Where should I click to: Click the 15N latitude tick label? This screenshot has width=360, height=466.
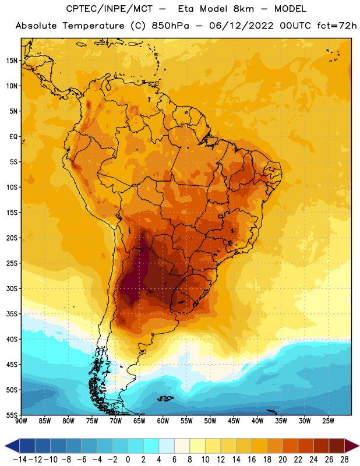click(12, 61)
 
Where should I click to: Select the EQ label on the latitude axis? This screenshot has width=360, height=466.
click(13, 137)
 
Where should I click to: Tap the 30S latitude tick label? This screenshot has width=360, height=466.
click(12, 288)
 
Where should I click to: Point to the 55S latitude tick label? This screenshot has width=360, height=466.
click(12, 415)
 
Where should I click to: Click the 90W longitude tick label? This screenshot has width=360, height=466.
click(21, 421)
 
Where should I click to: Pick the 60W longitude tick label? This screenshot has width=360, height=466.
click(163, 421)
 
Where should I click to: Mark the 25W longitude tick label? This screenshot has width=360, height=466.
click(328, 421)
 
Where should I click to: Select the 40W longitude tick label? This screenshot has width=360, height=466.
click(257, 421)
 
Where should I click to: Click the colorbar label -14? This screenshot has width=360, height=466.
click(20, 460)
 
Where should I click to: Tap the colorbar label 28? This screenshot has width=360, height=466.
click(344, 460)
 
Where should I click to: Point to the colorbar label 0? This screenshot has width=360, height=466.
click(128, 460)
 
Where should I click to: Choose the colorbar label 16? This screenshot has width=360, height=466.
click(252, 460)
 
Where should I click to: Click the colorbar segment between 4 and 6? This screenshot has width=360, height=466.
click(167, 446)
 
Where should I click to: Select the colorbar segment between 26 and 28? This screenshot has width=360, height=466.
click(337, 446)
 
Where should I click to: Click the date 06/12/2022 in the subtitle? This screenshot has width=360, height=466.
click(241, 26)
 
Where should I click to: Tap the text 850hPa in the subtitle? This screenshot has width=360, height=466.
click(170, 26)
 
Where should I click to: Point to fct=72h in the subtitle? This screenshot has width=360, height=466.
click(337, 26)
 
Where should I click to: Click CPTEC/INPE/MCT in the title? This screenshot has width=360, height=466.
click(110, 9)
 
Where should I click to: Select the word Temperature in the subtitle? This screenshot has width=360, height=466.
click(93, 26)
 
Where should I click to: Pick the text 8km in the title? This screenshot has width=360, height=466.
click(243, 9)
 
